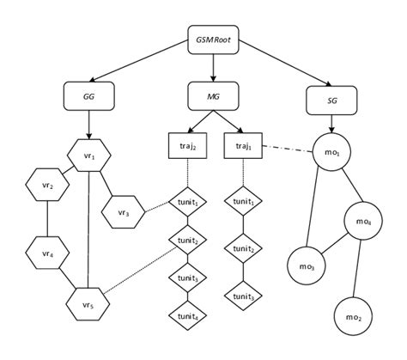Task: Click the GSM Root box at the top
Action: coord(213,40)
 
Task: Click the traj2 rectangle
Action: coord(187,148)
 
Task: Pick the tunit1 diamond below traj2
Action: coord(187,203)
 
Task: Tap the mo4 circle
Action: coord(362,221)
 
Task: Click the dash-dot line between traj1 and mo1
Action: coord(286,150)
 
